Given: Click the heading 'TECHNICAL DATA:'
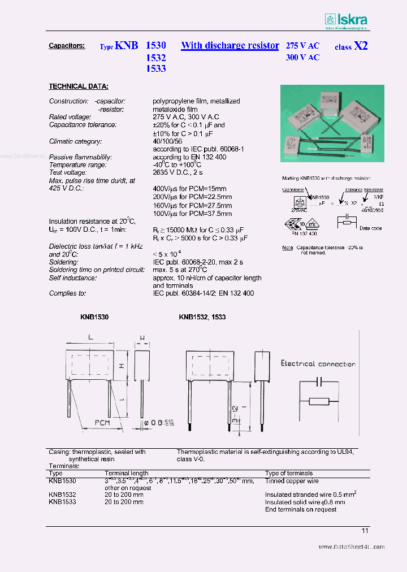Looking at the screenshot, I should (x=79, y=86).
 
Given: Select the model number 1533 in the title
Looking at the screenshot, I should (x=155, y=68).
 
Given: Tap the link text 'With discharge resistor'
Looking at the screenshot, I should (x=230, y=46).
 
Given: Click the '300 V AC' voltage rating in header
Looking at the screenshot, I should (x=302, y=58).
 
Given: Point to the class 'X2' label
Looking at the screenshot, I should (x=361, y=46).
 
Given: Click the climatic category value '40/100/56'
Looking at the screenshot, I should (x=168, y=141).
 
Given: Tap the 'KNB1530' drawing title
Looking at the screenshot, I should (x=94, y=318).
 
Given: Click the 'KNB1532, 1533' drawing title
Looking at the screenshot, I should (x=202, y=318).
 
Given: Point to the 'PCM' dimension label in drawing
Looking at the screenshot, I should (x=102, y=422).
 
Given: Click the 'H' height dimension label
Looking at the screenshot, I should (x=122, y=366).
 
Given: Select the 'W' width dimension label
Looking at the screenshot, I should (x=142, y=339).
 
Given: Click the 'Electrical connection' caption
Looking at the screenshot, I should (x=318, y=364).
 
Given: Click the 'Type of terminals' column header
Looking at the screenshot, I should (x=289, y=473).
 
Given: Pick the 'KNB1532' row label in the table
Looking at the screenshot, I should (x=62, y=495).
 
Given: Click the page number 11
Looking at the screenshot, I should (x=365, y=530).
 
